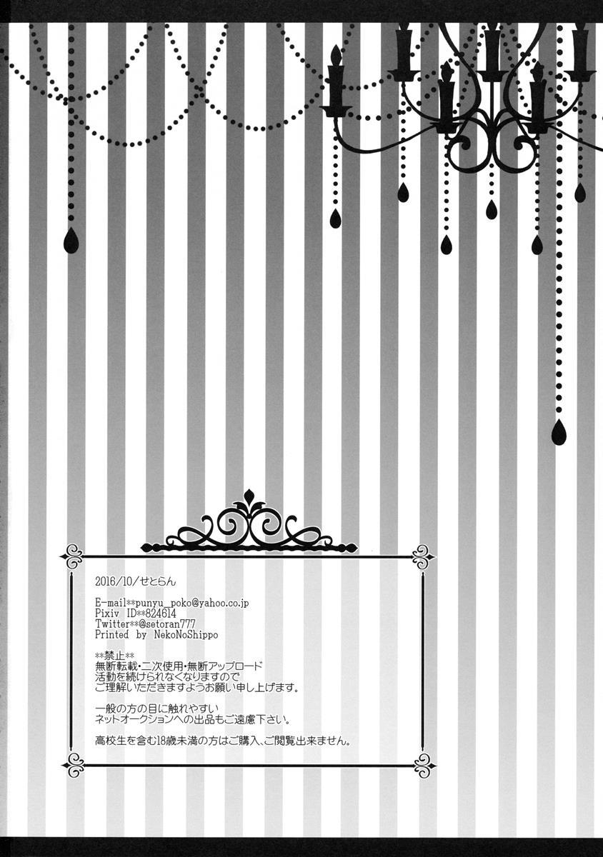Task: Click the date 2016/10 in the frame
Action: pos(111,581)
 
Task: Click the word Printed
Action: pos(111,635)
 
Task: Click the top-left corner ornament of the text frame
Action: pos(73,556)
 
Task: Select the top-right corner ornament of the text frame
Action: pos(424,556)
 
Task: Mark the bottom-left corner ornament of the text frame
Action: pos(73,765)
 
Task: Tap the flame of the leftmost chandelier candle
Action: pos(336,54)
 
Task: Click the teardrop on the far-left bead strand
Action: pos(71,241)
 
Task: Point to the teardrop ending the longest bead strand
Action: pos(559,432)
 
